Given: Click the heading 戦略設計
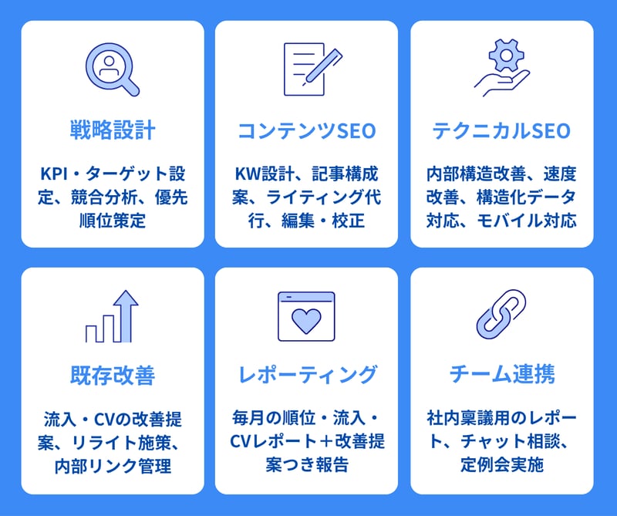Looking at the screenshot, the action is click(x=113, y=130).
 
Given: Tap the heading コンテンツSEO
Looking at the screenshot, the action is click(x=306, y=130).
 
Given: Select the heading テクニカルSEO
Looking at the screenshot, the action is click(x=501, y=130).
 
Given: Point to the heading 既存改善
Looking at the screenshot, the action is click(x=113, y=375).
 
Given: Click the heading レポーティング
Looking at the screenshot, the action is click(x=307, y=375).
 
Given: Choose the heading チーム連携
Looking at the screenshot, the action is click(x=502, y=374).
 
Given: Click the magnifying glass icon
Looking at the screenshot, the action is click(x=113, y=69).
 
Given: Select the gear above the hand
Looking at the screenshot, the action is click(x=507, y=56).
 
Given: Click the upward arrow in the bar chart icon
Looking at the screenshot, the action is click(x=126, y=316).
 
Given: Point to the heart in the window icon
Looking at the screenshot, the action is click(x=306, y=320).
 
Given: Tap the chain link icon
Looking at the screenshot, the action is click(x=501, y=315).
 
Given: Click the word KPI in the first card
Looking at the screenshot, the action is click(x=54, y=174).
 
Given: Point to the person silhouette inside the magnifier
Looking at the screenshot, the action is click(x=110, y=66).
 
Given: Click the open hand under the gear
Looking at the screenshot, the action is click(x=502, y=83).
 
